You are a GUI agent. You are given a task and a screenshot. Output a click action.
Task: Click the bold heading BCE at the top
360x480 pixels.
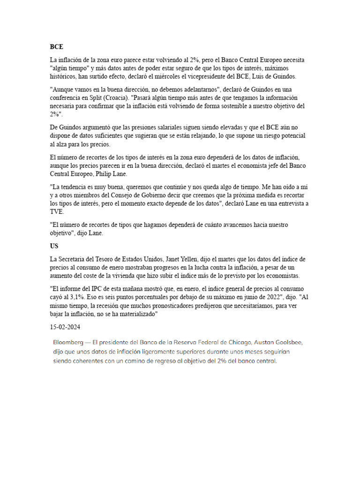56,47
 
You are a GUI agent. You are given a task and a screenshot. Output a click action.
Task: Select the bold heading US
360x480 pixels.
54,246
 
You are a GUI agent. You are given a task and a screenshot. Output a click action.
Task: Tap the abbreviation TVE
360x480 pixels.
56,211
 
